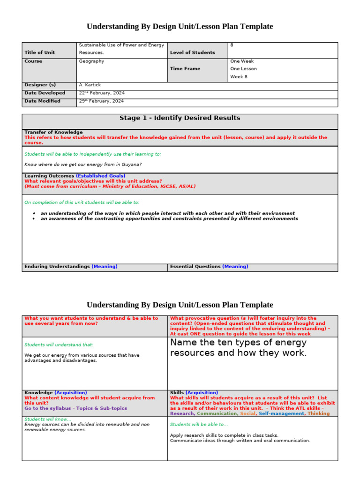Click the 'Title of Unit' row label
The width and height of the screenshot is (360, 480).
[39, 52]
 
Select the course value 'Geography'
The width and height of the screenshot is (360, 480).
[91, 61]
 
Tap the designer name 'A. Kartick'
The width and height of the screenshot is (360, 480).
[90, 85]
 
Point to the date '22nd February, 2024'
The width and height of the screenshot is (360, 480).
[102, 93]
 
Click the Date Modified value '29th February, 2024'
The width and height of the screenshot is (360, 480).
[102, 101]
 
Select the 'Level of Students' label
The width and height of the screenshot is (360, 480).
[192, 52]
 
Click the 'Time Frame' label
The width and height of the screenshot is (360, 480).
[185, 68]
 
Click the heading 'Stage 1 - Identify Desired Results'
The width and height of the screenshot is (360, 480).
[180, 118]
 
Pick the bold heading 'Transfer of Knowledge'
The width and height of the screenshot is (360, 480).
[53, 132]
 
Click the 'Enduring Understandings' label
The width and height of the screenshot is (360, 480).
[57, 266]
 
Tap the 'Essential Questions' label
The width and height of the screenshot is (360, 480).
[195, 266]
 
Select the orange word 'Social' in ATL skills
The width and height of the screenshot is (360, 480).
[248, 413]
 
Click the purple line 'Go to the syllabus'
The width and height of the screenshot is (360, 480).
[75, 408]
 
